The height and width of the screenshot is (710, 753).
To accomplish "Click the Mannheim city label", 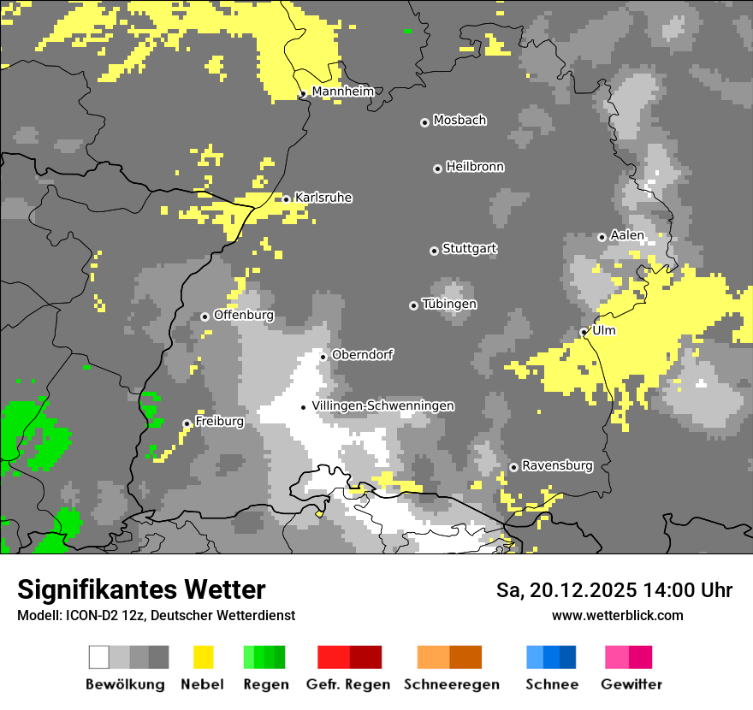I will [x=342, y=92].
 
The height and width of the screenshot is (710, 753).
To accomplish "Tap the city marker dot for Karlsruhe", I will [x=286, y=199].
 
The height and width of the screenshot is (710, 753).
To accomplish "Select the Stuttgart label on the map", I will [x=469, y=249].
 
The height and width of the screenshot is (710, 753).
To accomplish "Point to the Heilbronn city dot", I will [x=437, y=169].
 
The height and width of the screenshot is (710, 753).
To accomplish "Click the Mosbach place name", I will [x=460, y=121].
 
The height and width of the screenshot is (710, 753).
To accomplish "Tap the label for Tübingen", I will [x=449, y=305].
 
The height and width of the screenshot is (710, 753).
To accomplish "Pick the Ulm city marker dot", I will [x=584, y=332].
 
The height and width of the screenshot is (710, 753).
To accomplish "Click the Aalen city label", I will [x=627, y=235].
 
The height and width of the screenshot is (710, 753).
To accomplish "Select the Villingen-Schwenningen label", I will [x=382, y=405].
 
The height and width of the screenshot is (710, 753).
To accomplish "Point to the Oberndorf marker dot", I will [x=323, y=357].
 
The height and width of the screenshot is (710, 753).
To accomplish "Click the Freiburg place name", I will [x=219, y=422].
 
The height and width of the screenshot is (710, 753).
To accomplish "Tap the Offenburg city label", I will [x=243, y=315].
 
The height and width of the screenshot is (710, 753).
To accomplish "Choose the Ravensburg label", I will [x=557, y=465].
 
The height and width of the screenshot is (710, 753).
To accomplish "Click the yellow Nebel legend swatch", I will [x=204, y=657].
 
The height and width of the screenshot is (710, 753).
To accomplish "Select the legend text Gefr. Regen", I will [x=348, y=684].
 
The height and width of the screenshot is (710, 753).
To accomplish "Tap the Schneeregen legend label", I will [x=452, y=684].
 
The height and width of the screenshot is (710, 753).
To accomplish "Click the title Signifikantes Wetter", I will [x=141, y=589].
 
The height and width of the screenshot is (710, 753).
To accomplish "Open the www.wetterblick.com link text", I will [x=617, y=615].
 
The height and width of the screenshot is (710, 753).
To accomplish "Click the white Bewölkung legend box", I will [x=99, y=657].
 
